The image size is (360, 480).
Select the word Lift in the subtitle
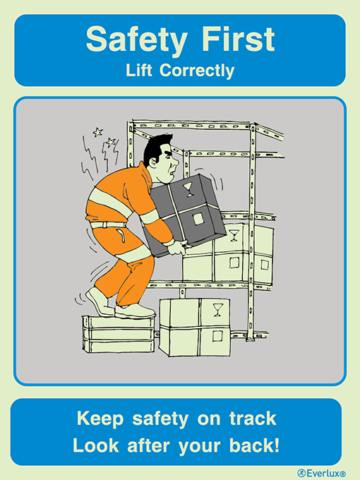point(139,71)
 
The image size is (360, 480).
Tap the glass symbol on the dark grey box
point(189,188)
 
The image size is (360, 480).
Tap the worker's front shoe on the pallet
point(136,311)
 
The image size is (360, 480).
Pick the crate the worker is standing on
point(116,333)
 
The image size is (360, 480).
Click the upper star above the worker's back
point(97,131)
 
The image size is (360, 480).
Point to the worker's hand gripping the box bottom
point(180,248)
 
